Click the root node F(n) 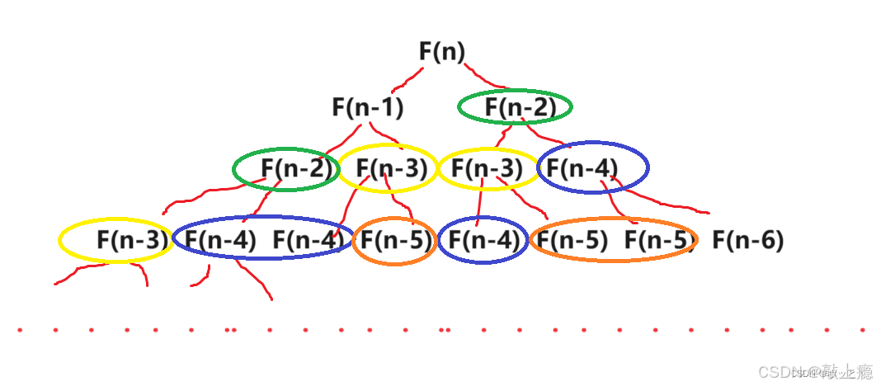coord(442,52)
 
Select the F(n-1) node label coord(368,107)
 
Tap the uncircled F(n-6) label coord(747,241)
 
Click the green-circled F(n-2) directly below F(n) coord(515,107)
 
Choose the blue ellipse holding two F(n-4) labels coord(262,240)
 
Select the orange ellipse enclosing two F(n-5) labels coord(613,240)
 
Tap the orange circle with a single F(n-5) coord(395,241)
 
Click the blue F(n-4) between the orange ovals coord(483,241)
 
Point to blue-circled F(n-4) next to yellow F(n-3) coord(592,168)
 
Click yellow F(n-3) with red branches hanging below coord(115,241)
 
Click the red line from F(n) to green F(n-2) coord(496,82)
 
